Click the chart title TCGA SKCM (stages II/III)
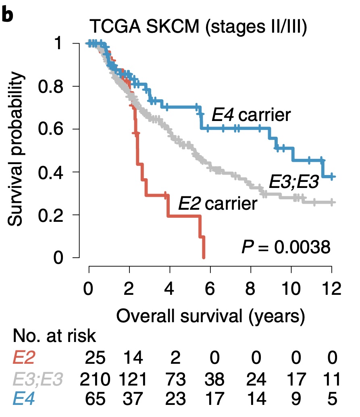pos(198,27)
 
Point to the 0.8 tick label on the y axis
pos(50,86)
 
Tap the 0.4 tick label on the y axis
pos(50,172)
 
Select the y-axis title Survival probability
pos(17,149)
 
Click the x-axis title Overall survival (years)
pos(210,316)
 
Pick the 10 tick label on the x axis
pos(291,288)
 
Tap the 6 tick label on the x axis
pos(210,288)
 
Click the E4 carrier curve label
pos(251,115)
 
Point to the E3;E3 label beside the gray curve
pos(294,182)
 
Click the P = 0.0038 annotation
pos(286,247)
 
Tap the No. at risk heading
pos(54,336)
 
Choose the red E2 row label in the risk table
pos(24,357)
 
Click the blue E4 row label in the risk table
pos(24,398)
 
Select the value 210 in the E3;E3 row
pos(95,379)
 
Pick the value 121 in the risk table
pos(133,379)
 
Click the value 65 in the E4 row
pos(95,399)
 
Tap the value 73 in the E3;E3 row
pos(175,379)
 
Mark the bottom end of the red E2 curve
pos(204,257)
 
